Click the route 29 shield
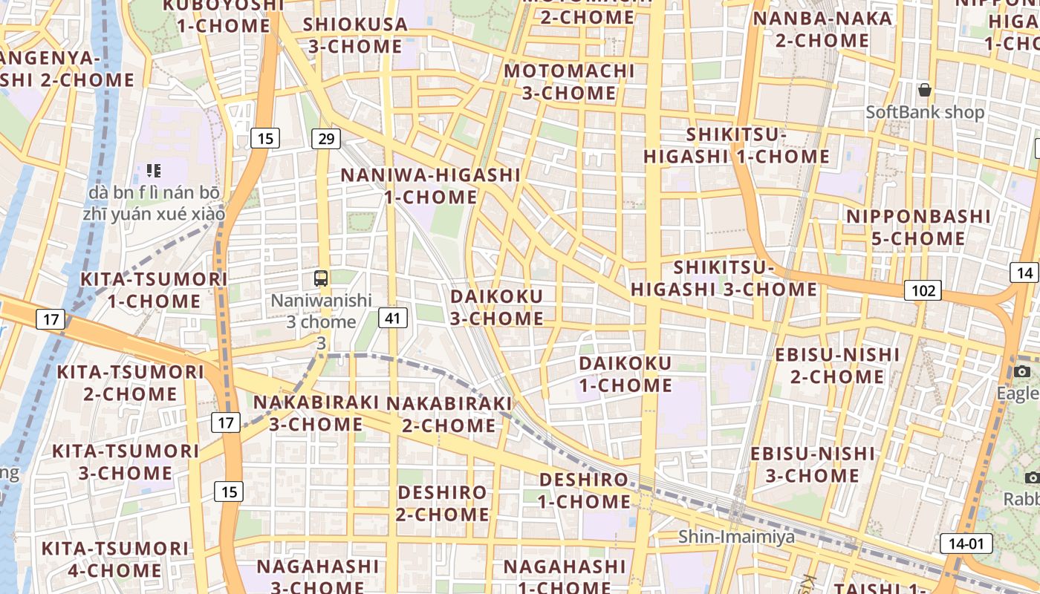(x=325, y=138)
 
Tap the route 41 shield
(x=393, y=319)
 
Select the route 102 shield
(x=923, y=290)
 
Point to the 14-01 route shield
(x=966, y=544)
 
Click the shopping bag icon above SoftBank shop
(x=924, y=90)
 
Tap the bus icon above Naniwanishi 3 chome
(x=321, y=278)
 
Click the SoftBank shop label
(x=925, y=112)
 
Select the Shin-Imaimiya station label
(x=736, y=536)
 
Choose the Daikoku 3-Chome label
(x=497, y=307)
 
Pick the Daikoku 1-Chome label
(x=625, y=374)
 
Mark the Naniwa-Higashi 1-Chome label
(x=431, y=186)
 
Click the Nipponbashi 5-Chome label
(x=919, y=227)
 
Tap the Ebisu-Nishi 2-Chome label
(x=837, y=365)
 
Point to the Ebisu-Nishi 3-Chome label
(x=813, y=464)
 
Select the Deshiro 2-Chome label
(x=442, y=503)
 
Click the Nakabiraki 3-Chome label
(x=316, y=413)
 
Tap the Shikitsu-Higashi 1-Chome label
(x=736, y=146)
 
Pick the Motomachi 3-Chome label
(x=569, y=82)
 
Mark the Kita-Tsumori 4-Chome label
(x=115, y=559)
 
